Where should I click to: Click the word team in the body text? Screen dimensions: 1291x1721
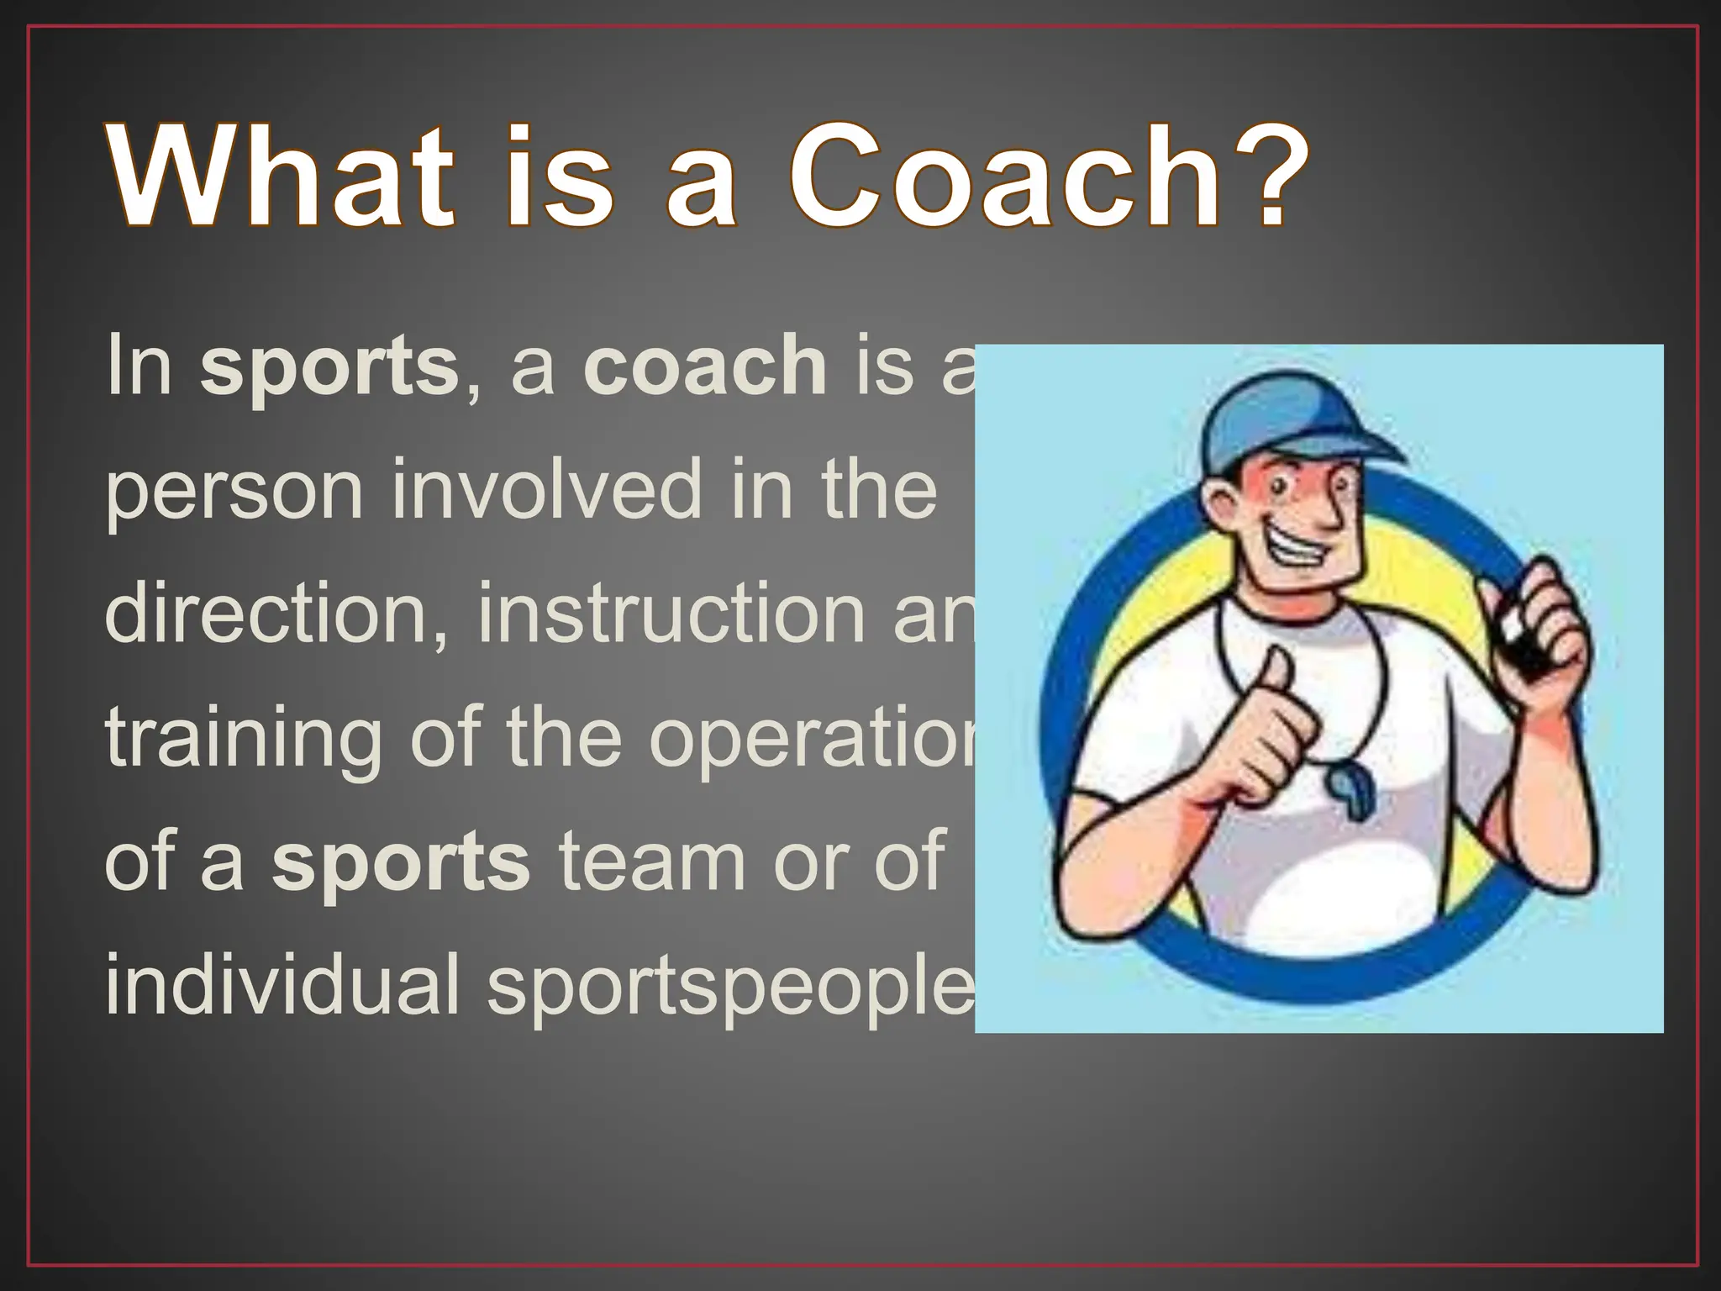pyautogui.click(x=652, y=862)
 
